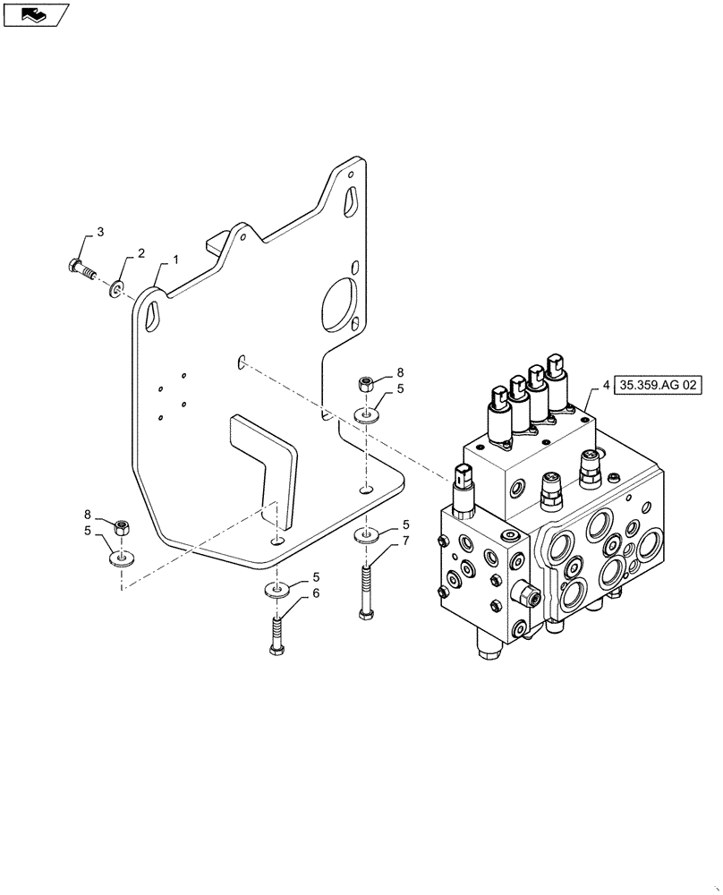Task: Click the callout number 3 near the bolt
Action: click(x=100, y=232)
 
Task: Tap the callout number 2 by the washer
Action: click(x=140, y=255)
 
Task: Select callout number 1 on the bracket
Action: click(x=175, y=259)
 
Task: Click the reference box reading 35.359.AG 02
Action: click(x=659, y=386)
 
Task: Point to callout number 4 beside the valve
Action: click(x=606, y=386)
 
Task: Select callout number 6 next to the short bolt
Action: click(x=316, y=593)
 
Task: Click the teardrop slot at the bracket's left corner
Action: click(x=153, y=315)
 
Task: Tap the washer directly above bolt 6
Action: click(x=276, y=590)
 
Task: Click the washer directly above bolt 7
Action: click(x=365, y=535)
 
